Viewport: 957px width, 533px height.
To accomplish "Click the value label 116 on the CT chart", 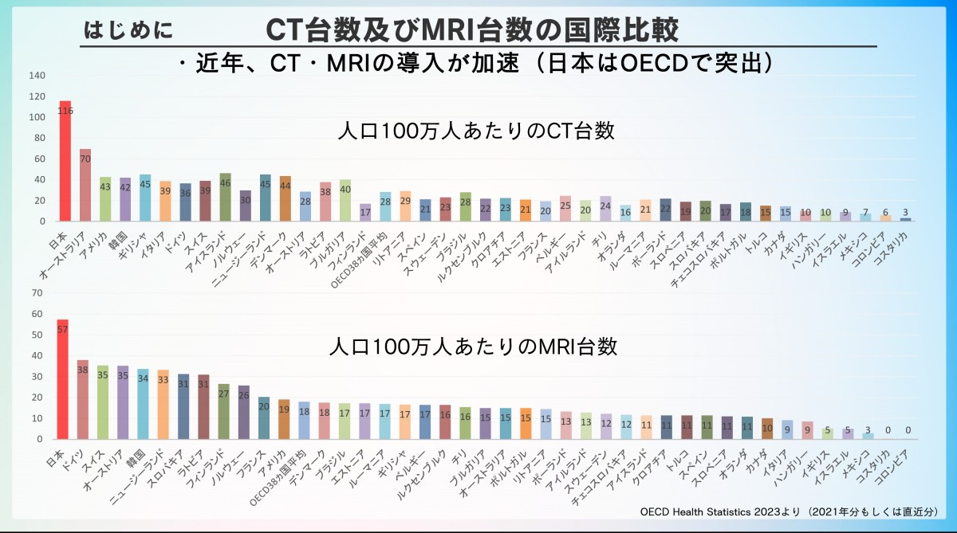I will pyautogui.click(x=65, y=112).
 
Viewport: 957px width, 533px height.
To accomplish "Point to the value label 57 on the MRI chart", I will pyautogui.click(x=63, y=329).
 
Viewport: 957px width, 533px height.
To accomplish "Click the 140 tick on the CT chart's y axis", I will pyautogui.click(x=37, y=76).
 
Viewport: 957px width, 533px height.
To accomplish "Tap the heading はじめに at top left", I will pyautogui.click(x=128, y=30).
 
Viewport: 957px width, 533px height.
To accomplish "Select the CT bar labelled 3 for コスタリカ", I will pyautogui.click(x=905, y=219).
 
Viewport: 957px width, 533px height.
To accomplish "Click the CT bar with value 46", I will pyautogui.click(x=225, y=198).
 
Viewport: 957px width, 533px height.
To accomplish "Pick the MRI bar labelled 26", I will pyautogui.click(x=244, y=413).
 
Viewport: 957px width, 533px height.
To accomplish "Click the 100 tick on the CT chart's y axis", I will pyautogui.click(x=37, y=117).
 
